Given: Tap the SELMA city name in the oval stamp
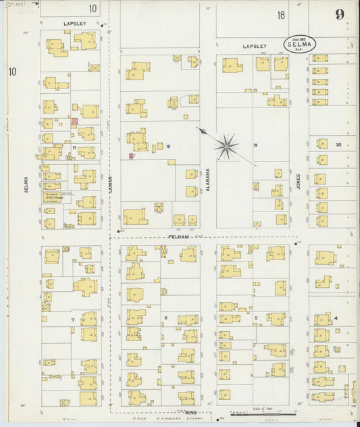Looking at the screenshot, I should tap(299, 43).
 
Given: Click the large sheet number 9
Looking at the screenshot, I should tap(339, 15).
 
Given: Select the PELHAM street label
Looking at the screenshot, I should tap(178, 237).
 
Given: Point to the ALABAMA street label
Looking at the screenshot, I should tap(208, 181).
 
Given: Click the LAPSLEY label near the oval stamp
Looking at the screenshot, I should tap(255, 47).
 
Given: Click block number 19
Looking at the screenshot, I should tap(255, 145).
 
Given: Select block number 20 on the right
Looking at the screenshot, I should tap(338, 145).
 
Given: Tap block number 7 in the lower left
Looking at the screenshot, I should tap(72, 319).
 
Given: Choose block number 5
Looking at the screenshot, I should tap(256, 317).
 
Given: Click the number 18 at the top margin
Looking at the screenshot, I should tap(280, 15).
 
